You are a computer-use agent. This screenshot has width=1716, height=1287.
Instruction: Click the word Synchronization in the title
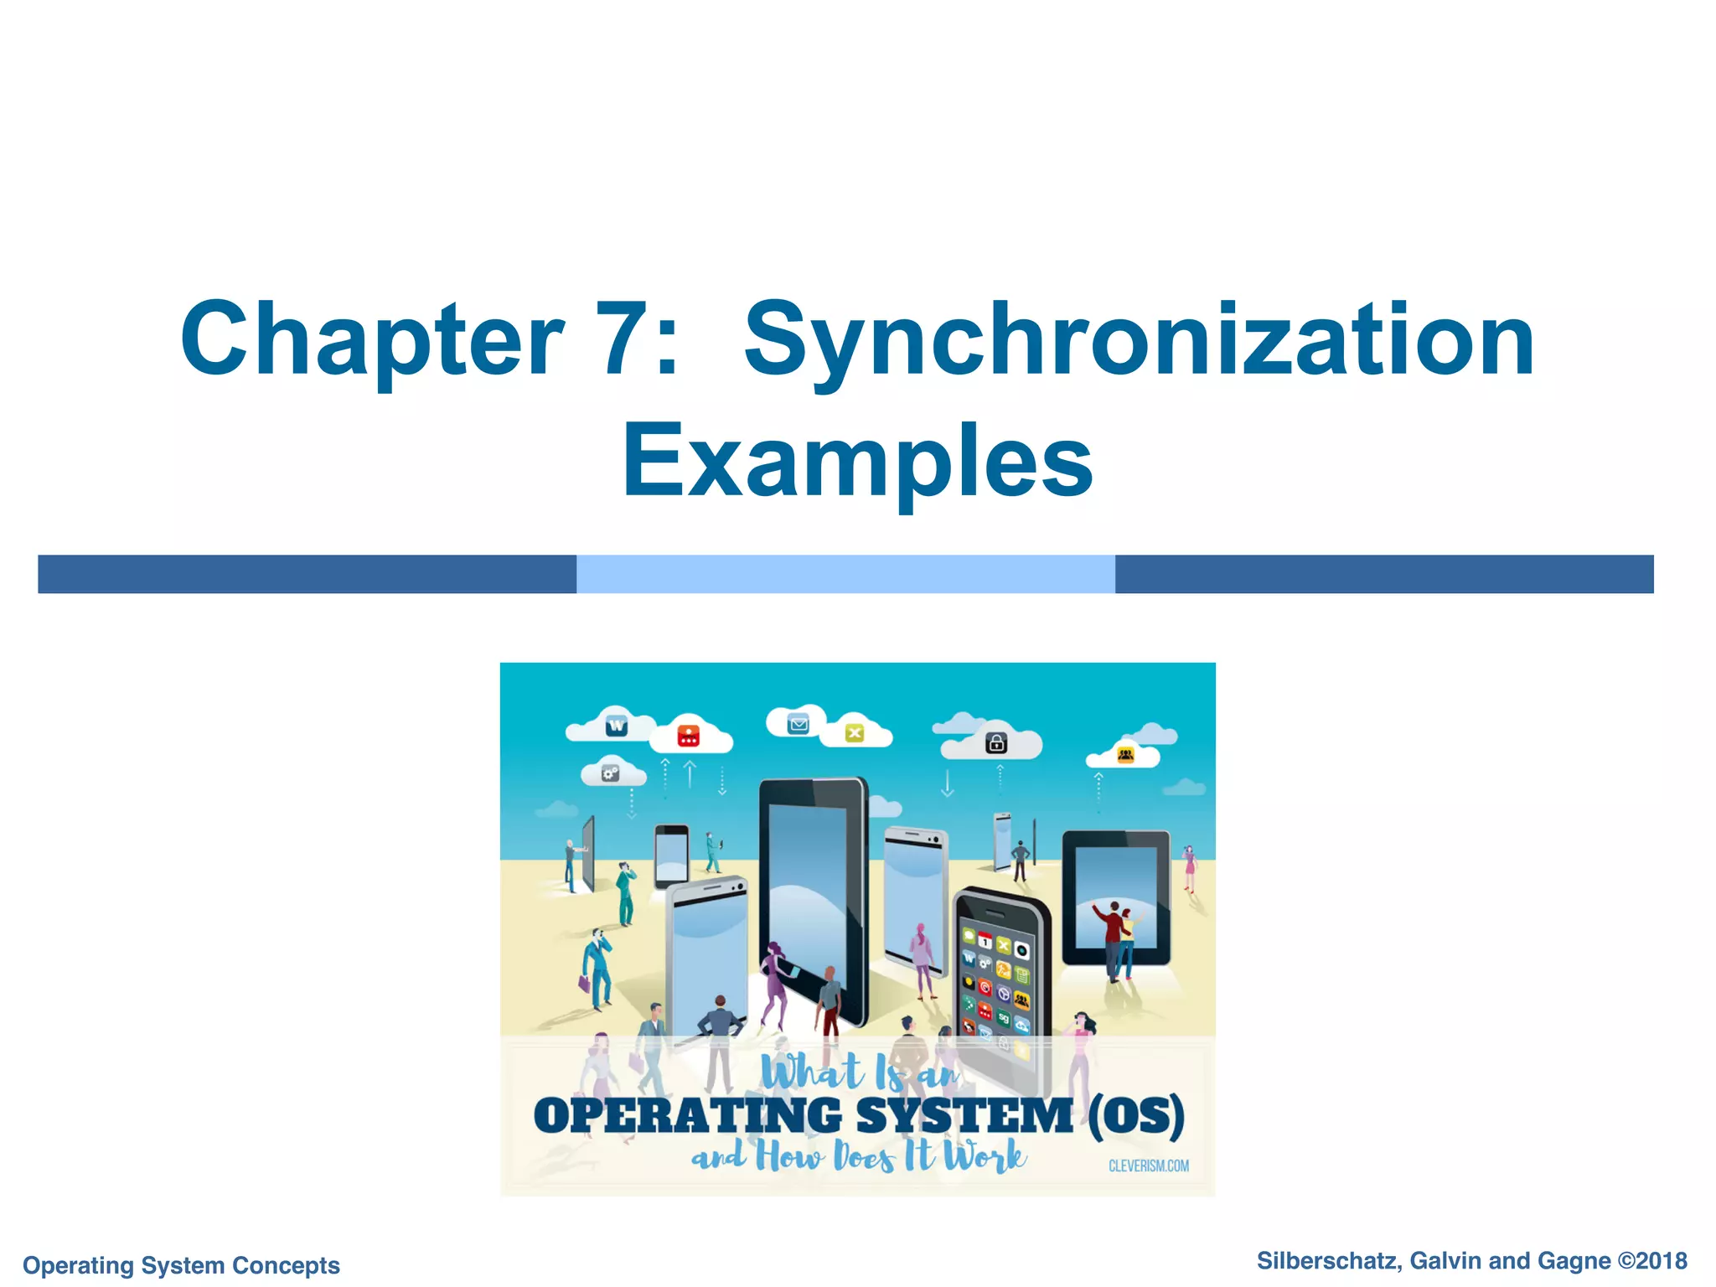tap(1140, 342)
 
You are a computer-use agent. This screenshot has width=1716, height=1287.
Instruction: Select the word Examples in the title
tap(857, 463)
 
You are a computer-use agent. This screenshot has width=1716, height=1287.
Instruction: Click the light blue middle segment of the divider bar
tap(845, 574)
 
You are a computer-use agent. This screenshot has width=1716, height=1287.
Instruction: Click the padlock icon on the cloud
tap(996, 742)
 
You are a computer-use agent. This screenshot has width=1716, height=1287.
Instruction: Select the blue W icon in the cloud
tap(617, 726)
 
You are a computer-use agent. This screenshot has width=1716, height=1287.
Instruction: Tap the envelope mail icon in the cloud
tap(799, 724)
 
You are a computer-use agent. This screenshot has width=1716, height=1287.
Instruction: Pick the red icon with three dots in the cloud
tap(688, 736)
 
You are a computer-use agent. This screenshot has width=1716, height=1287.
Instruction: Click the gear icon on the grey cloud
tap(611, 773)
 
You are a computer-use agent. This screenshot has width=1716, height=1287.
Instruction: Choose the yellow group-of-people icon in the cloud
tap(1125, 756)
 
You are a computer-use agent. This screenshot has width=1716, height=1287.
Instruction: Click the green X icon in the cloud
tap(854, 733)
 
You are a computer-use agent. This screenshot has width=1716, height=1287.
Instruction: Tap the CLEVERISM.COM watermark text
tap(1148, 1166)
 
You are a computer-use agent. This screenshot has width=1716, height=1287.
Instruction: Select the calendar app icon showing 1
tap(985, 943)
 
